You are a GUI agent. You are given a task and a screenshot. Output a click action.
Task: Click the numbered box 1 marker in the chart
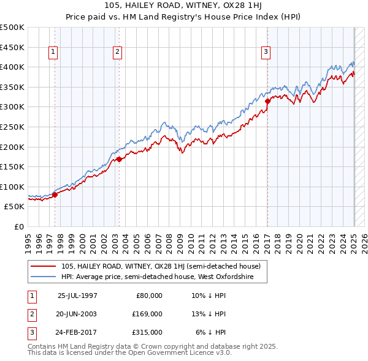tap(53, 53)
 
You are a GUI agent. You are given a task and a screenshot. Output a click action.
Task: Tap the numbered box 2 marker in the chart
tap(117, 53)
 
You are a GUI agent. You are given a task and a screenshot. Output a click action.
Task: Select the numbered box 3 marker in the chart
tap(266, 53)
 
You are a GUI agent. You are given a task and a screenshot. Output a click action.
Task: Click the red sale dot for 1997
tap(55, 195)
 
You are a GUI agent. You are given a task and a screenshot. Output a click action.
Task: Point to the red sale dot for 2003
tap(119, 159)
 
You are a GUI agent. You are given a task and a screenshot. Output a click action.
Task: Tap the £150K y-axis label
tap(12, 166)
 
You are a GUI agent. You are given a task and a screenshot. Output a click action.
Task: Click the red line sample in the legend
tap(43, 266)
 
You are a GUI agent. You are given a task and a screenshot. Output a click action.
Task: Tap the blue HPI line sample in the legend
tap(43, 277)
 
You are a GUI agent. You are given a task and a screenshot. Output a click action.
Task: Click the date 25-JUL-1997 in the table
tap(77, 295)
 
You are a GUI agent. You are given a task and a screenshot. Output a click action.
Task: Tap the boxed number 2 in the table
tap(31, 314)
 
